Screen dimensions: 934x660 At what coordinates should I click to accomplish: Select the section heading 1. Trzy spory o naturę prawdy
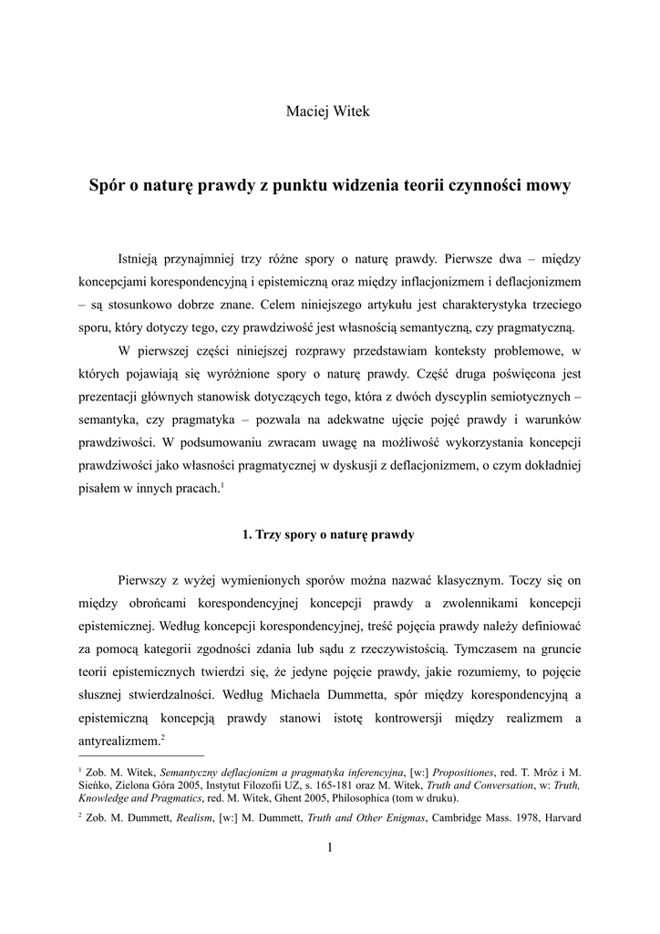(329, 534)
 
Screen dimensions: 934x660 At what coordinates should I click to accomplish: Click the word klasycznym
(466, 579)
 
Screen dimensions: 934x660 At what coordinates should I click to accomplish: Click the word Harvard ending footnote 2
(557, 817)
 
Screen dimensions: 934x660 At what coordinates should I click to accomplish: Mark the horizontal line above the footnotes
(142, 755)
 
